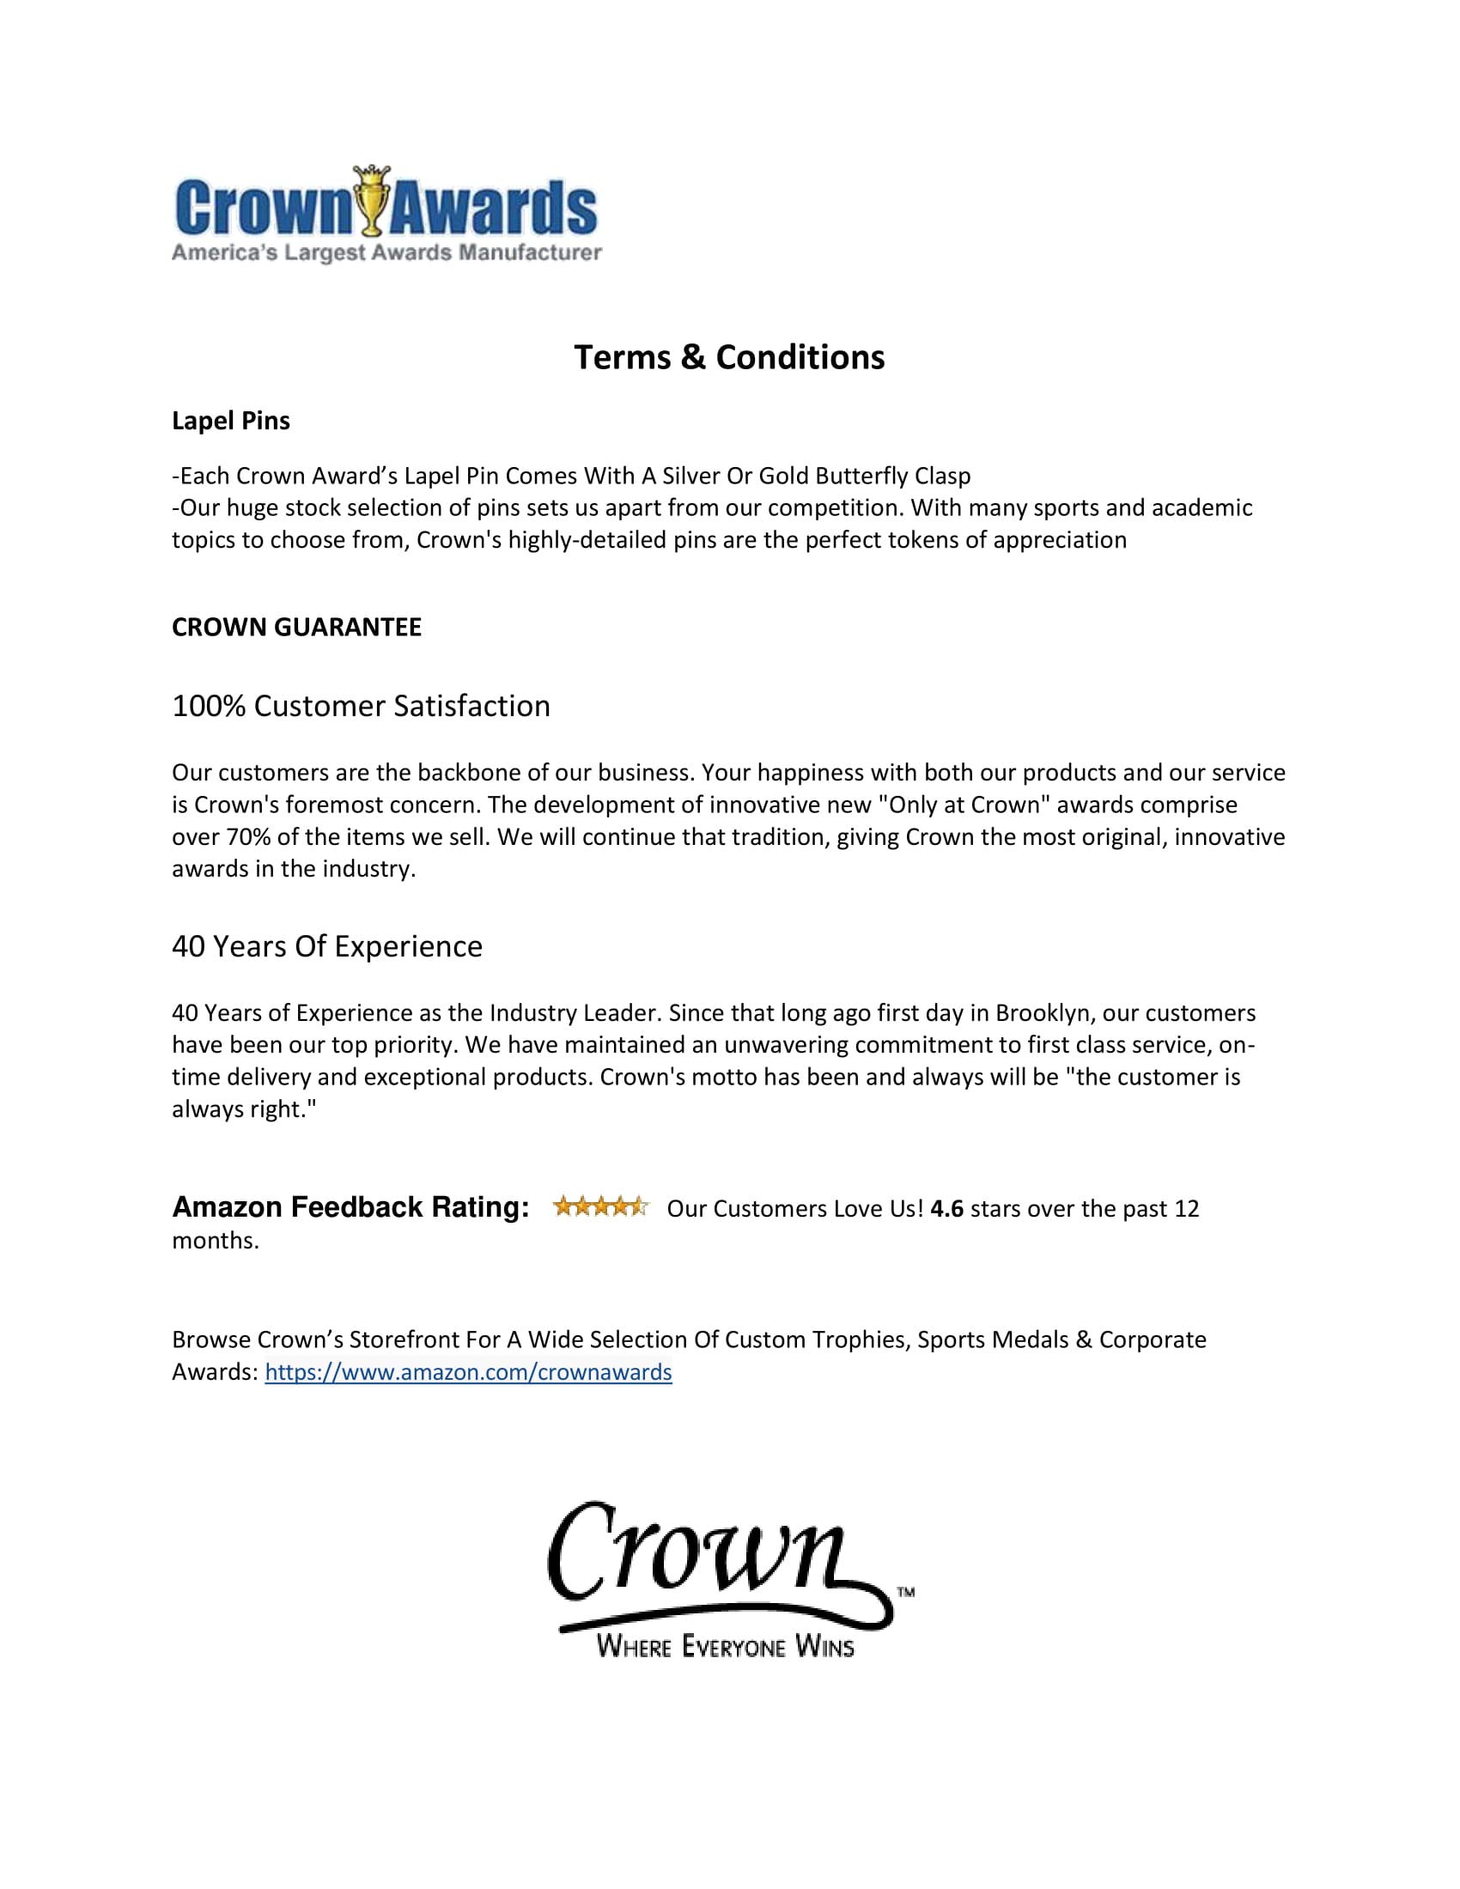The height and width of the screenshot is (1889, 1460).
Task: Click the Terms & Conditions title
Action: coord(729,357)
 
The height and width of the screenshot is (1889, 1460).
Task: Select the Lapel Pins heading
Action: coord(231,422)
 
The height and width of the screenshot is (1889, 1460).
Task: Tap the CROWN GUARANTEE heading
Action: coord(296,627)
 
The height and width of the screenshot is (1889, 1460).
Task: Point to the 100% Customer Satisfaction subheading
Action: coord(361,706)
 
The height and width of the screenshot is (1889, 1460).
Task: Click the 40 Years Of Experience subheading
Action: coord(327,946)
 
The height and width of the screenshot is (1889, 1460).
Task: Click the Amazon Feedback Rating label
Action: coord(350,1206)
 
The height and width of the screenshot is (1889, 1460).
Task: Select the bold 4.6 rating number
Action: coord(947,1208)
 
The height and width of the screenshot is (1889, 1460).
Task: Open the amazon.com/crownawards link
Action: coord(468,1372)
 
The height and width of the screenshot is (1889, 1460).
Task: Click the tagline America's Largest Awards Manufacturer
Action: coord(386,252)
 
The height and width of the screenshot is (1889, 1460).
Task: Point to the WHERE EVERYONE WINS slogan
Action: coord(725,1646)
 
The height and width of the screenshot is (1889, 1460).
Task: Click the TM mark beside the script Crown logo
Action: coord(905,1590)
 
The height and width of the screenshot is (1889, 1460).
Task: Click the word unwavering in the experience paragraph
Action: coord(786,1045)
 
